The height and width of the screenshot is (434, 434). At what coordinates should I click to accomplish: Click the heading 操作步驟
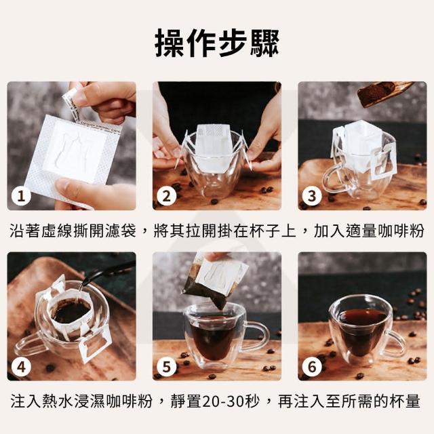coord(217,43)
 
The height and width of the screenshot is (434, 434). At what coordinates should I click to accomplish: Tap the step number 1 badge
coord(21,196)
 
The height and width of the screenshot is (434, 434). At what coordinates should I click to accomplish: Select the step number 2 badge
coord(166,196)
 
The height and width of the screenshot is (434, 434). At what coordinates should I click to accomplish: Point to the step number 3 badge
coord(312,196)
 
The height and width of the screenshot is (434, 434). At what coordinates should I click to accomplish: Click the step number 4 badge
coord(21,367)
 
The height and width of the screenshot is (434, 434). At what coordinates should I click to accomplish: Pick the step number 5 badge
coord(166,367)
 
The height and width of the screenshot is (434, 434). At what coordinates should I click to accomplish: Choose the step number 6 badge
coord(312,367)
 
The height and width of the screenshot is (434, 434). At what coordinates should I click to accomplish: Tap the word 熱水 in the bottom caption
coord(58,401)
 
